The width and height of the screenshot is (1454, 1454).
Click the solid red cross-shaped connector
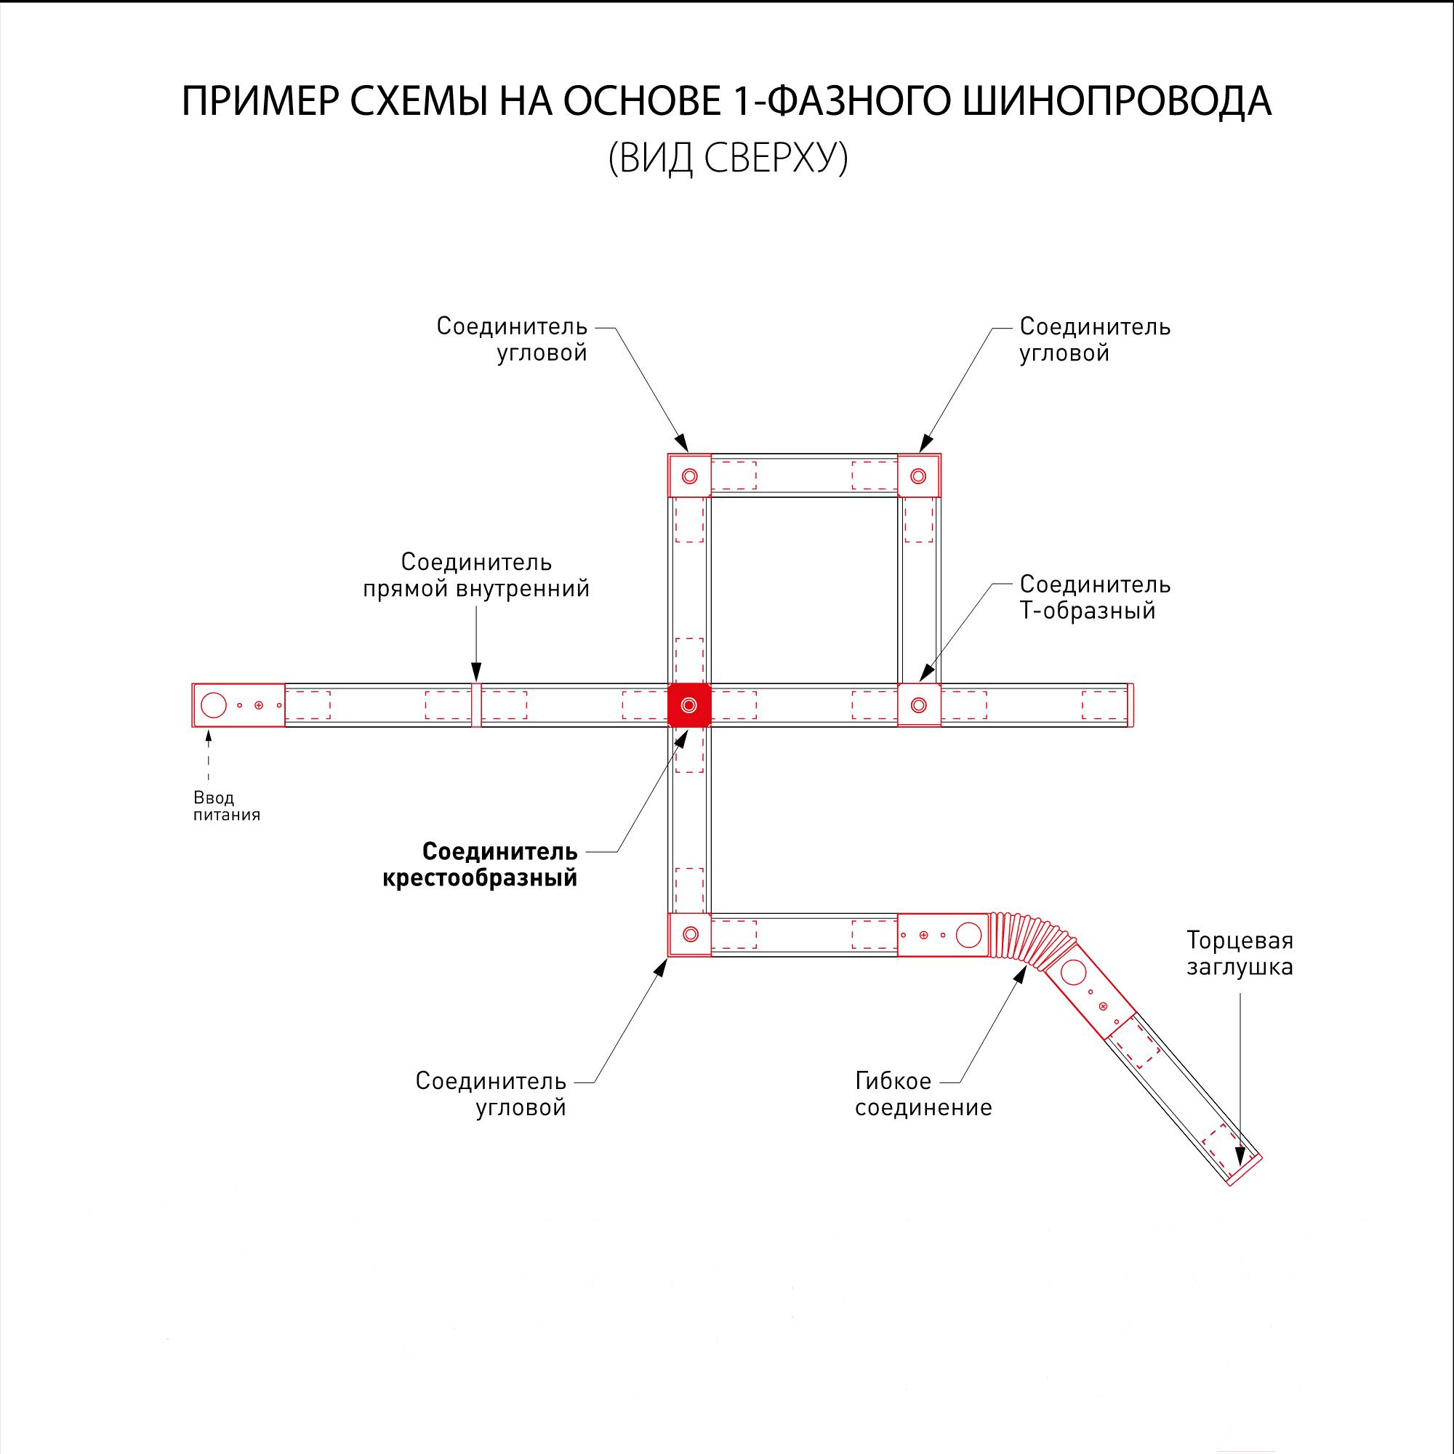(689, 705)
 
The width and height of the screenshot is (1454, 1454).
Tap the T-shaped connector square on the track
(919, 705)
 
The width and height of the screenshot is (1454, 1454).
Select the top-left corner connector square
(689, 475)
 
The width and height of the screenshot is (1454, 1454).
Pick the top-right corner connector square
(919, 475)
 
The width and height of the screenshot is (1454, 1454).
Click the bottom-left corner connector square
(689, 935)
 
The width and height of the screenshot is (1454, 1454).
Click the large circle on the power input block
(214, 705)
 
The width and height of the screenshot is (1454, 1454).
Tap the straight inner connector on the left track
(476, 705)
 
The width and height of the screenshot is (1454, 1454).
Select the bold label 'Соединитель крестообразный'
(480, 864)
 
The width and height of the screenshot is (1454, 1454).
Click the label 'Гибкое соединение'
(923, 1094)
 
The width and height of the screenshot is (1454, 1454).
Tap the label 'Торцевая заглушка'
(1240, 954)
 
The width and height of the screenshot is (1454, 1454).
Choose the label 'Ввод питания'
(227, 806)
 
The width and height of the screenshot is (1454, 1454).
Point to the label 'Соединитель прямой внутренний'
(476, 575)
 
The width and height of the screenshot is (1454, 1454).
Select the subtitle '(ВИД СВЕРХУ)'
(728, 158)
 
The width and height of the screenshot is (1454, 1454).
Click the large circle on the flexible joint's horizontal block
(968, 935)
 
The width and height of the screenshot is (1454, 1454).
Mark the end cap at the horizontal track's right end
(1130, 705)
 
